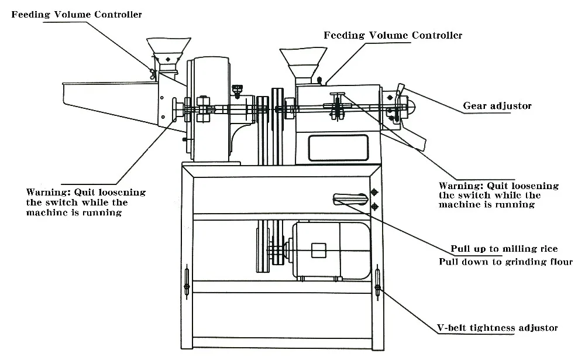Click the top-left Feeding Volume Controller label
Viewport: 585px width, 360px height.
coord(77,14)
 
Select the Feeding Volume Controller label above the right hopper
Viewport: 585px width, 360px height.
coord(393,36)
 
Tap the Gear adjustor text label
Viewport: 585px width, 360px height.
coord(497,106)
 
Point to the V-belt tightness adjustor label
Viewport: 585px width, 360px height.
coord(498,328)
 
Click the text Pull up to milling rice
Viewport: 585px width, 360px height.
coord(504,249)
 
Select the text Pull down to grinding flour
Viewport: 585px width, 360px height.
coord(505,262)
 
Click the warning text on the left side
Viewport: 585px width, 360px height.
coord(85,202)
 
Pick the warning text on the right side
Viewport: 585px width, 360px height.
coord(498,196)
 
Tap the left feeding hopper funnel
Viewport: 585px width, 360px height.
coord(168,48)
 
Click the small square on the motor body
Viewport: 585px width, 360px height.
coord(318,251)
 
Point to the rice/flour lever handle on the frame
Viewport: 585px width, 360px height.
coord(350,199)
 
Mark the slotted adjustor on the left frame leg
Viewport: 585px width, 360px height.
coord(186,282)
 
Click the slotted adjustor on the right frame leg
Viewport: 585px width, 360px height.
coord(377,283)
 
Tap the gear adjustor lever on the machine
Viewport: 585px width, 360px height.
coord(400,92)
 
